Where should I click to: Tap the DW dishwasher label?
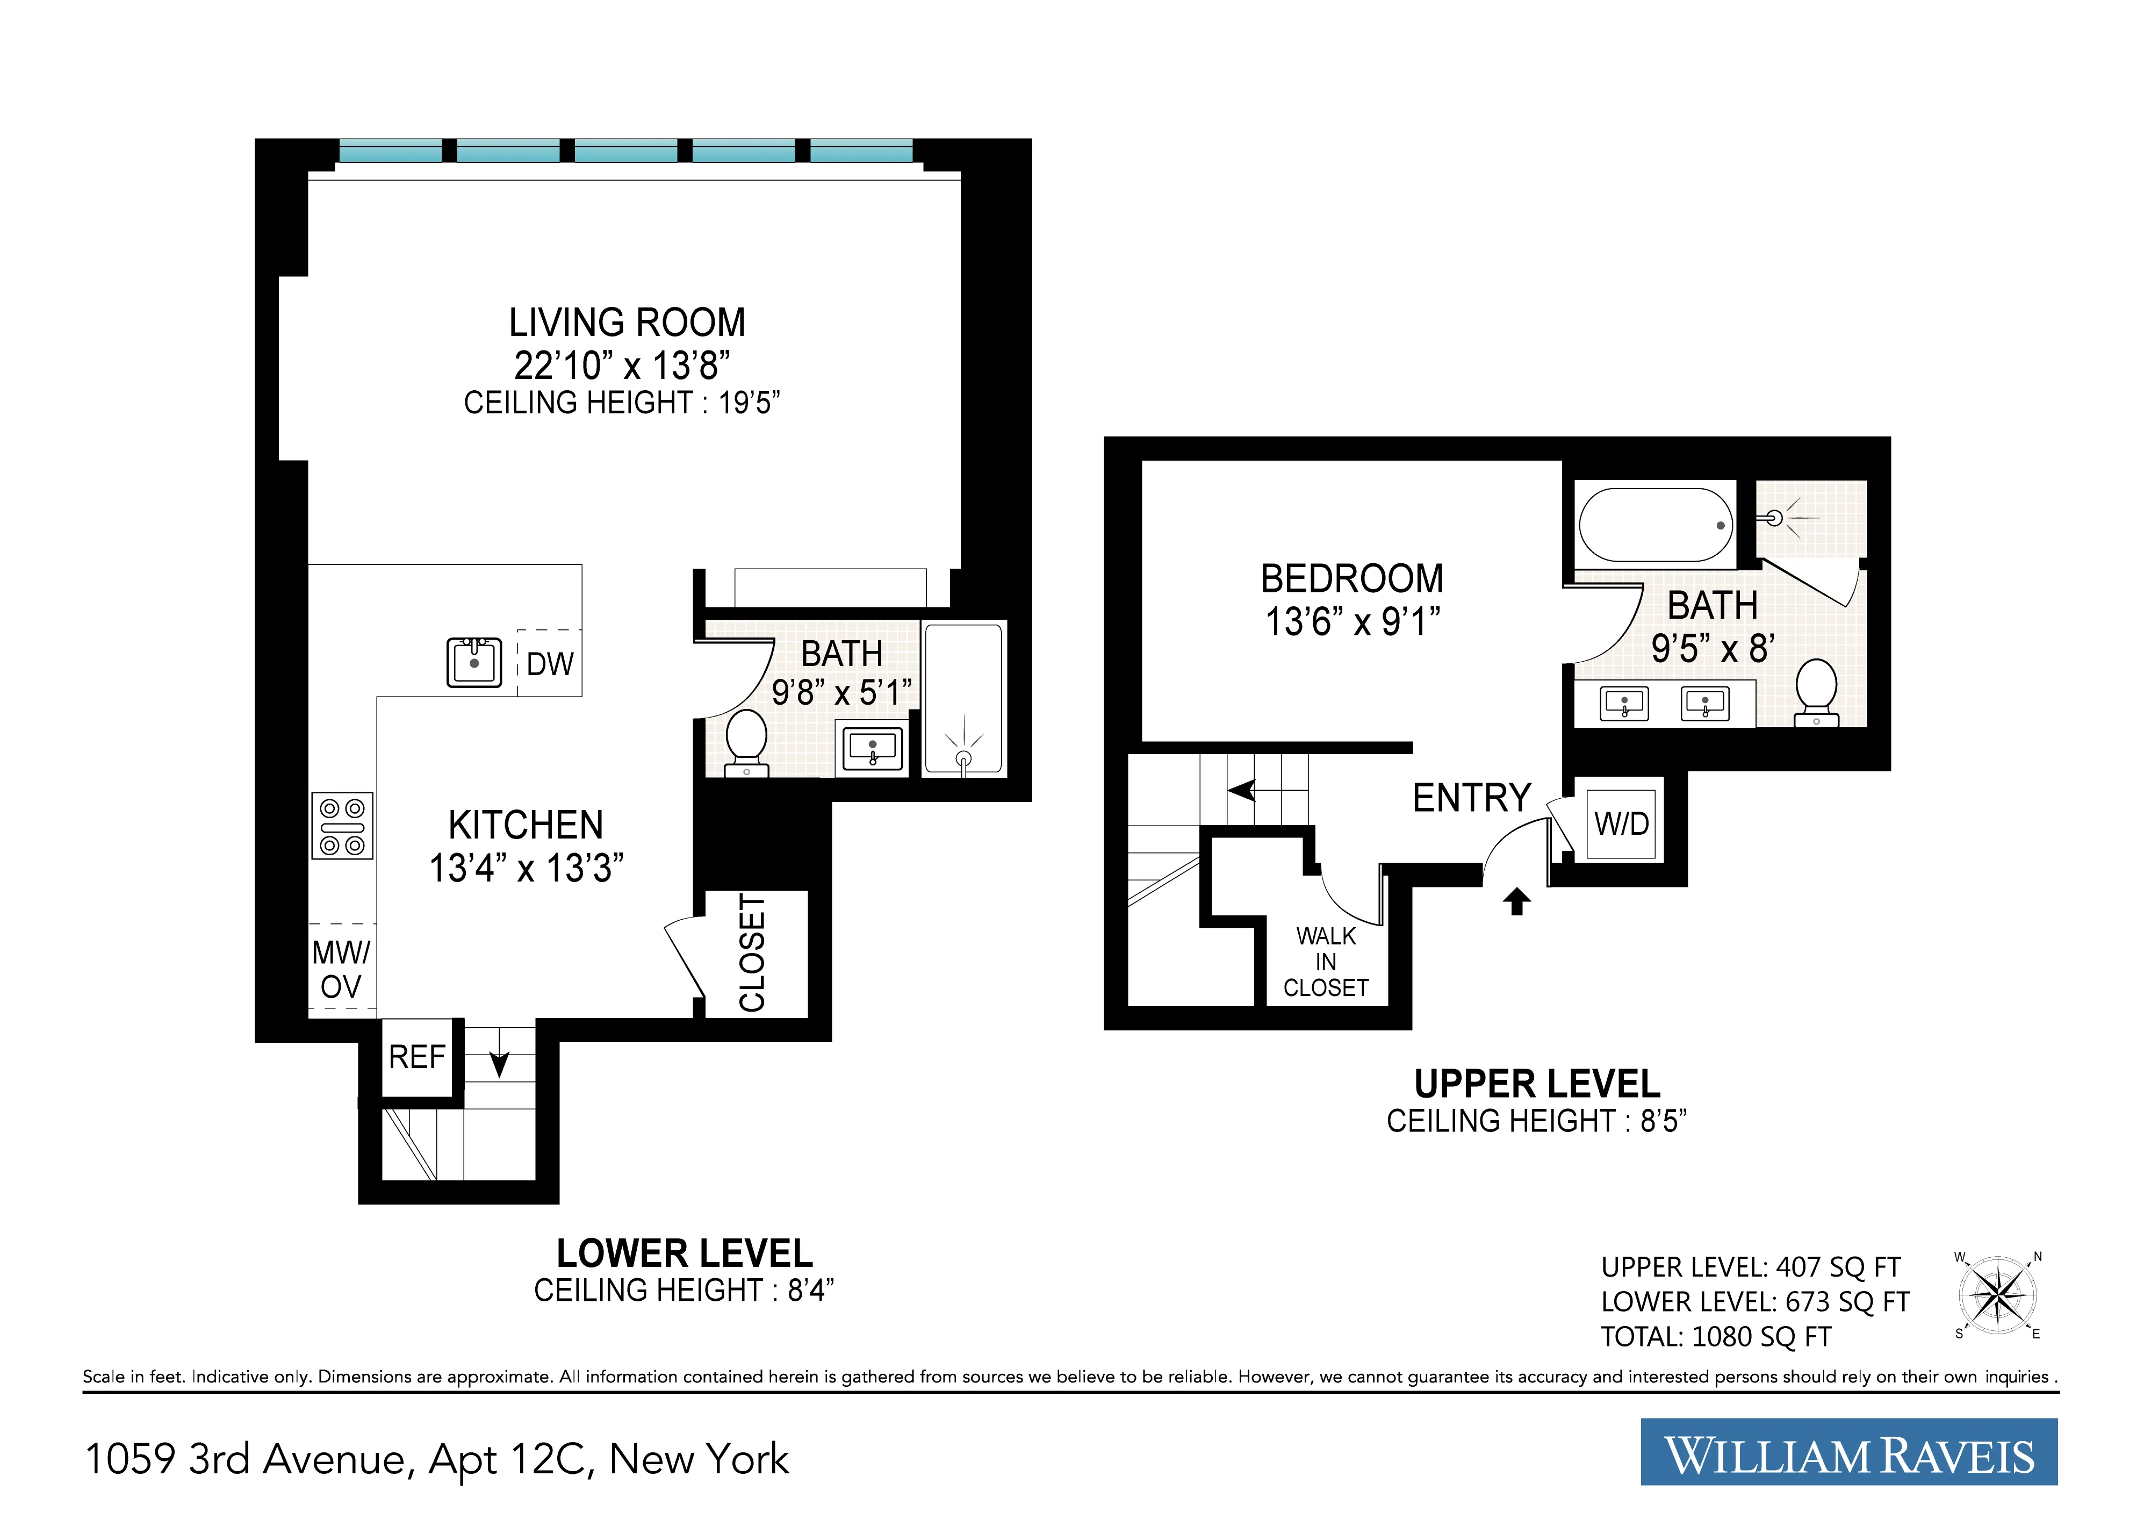click(550, 663)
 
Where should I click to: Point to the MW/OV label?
click(341, 969)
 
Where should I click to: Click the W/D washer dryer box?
click(1622, 823)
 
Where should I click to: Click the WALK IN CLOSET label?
click(1326, 962)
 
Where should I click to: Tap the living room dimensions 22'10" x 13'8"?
click(622, 364)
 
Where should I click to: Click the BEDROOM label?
click(1352, 578)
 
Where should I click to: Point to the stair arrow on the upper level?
click(1243, 790)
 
